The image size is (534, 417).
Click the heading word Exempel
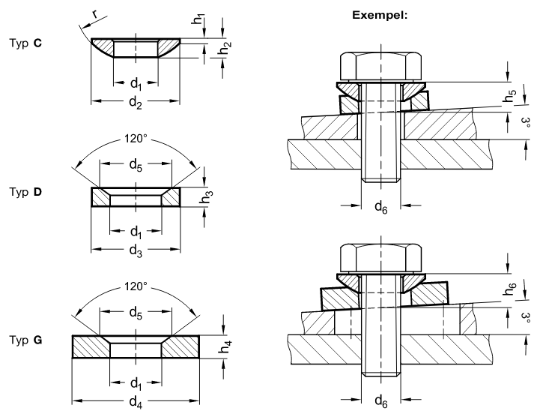[380, 14]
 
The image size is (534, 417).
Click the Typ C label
[26, 43]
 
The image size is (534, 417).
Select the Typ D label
[26, 193]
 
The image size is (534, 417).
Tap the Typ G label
[26, 340]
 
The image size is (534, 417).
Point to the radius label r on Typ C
[95, 13]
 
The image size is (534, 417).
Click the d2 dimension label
[135, 103]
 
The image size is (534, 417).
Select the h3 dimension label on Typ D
[207, 196]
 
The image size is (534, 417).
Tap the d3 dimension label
[135, 250]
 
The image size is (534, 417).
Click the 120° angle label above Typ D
[136, 139]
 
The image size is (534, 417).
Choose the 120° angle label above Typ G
[136, 286]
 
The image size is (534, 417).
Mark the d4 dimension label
[135, 400]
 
